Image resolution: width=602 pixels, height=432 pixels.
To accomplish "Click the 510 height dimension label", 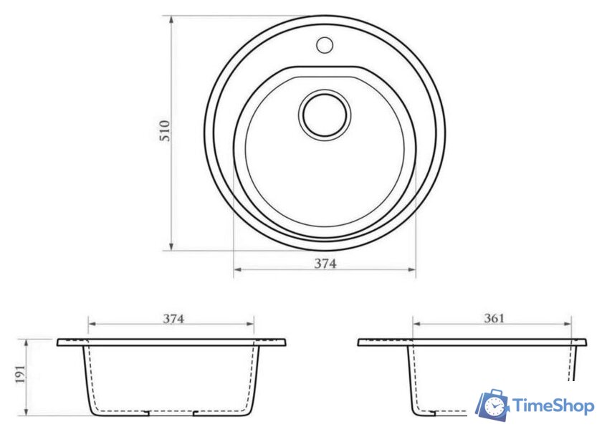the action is (164, 131).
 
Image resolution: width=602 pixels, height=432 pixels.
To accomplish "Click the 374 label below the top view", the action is (325, 264).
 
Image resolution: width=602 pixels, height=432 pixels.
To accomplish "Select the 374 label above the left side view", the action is (173, 319).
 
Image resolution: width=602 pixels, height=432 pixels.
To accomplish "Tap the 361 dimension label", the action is (494, 318).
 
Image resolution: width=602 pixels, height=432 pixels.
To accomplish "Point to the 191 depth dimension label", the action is (20, 374).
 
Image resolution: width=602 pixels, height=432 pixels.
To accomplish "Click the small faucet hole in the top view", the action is (325, 45).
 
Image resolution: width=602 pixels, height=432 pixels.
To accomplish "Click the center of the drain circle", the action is (325, 115).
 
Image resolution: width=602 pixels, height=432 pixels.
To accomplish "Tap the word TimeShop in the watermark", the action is (553, 406).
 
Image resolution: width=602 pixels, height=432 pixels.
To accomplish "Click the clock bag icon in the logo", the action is (492, 405).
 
